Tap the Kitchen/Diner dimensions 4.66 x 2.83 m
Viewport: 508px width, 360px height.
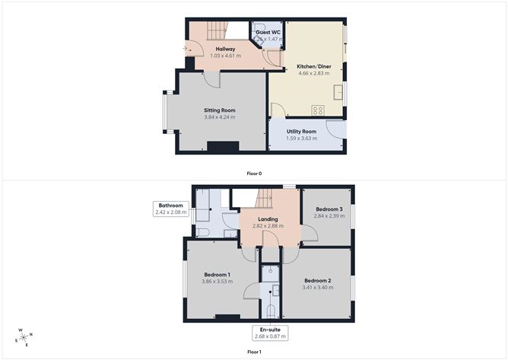click(x=313, y=75)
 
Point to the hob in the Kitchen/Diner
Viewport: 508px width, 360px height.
click(x=318, y=110)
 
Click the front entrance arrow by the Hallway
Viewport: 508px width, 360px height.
click(x=186, y=49)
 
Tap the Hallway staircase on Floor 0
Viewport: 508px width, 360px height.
click(x=217, y=31)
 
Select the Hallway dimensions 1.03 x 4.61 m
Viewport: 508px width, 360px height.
click(x=225, y=56)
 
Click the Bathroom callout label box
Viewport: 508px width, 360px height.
click(x=171, y=209)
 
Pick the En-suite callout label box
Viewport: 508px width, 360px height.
click(x=271, y=333)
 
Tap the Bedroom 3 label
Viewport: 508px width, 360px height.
click(x=329, y=209)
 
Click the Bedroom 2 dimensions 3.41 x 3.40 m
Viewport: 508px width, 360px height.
click(x=316, y=288)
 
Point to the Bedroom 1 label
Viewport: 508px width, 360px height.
click(x=217, y=274)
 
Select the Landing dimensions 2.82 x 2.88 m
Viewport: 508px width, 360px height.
click(x=267, y=227)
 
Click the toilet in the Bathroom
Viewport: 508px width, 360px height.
click(x=203, y=231)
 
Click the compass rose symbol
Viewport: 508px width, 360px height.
click(x=24, y=336)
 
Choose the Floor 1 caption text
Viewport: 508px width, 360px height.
click(x=254, y=352)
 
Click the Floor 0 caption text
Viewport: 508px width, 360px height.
click(x=254, y=174)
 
